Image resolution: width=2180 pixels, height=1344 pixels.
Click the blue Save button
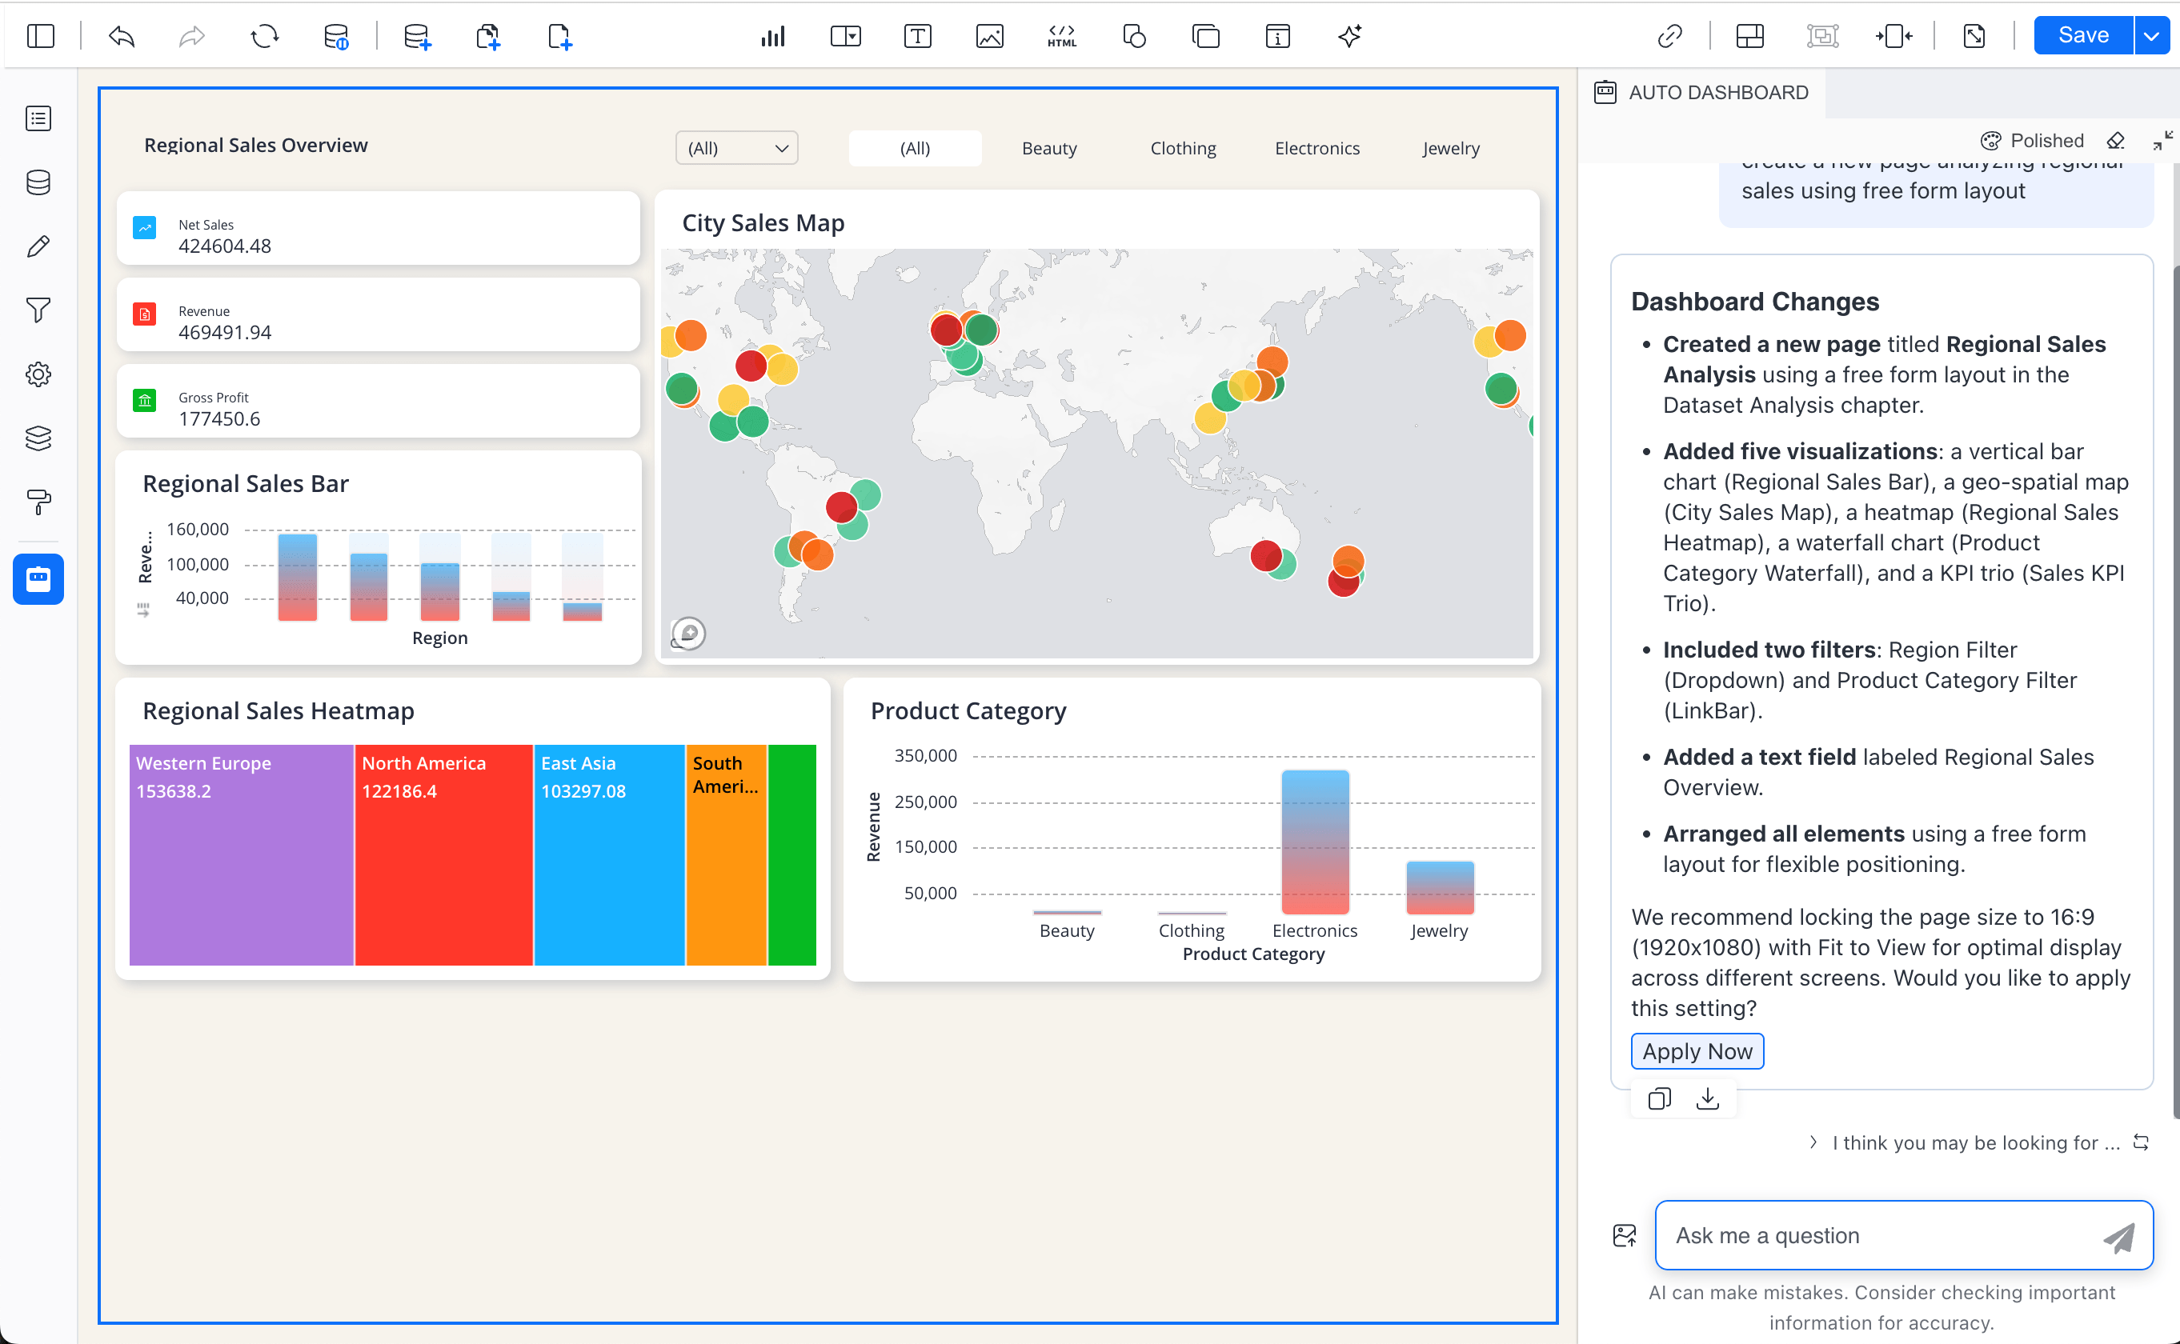[x=2082, y=35]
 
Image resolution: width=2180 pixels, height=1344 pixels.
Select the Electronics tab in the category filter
[x=1316, y=149]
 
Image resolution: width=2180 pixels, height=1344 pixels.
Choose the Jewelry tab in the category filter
[x=1450, y=149]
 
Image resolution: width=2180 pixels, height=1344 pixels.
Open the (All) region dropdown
[x=736, y=149]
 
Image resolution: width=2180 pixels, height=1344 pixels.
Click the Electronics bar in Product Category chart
[x=1314, y=842]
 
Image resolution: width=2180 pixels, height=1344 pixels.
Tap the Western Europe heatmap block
[x=241, y=854]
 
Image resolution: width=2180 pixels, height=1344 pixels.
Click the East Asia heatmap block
[x=609, y=854]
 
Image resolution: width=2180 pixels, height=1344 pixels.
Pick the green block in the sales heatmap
[x=791, y=854]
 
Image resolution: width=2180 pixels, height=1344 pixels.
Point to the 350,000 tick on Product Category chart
[x=925, y=755]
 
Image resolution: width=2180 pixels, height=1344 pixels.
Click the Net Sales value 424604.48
[x=225, y=246]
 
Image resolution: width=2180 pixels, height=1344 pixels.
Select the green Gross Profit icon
[x=144, y=400]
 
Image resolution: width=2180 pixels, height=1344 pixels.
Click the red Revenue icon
[x=144, y=314]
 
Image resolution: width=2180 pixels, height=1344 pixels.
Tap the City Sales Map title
[x=763, y=223]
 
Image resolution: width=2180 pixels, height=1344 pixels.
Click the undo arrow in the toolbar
[x=121, y=37]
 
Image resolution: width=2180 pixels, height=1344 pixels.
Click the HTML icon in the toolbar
[x=1061, y=37]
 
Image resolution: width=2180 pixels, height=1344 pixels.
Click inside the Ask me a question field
[x=1876, y=1234]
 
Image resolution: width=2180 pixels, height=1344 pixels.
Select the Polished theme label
[x=2046, y=141]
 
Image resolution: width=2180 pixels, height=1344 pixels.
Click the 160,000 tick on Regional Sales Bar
[x=198, y=530]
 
